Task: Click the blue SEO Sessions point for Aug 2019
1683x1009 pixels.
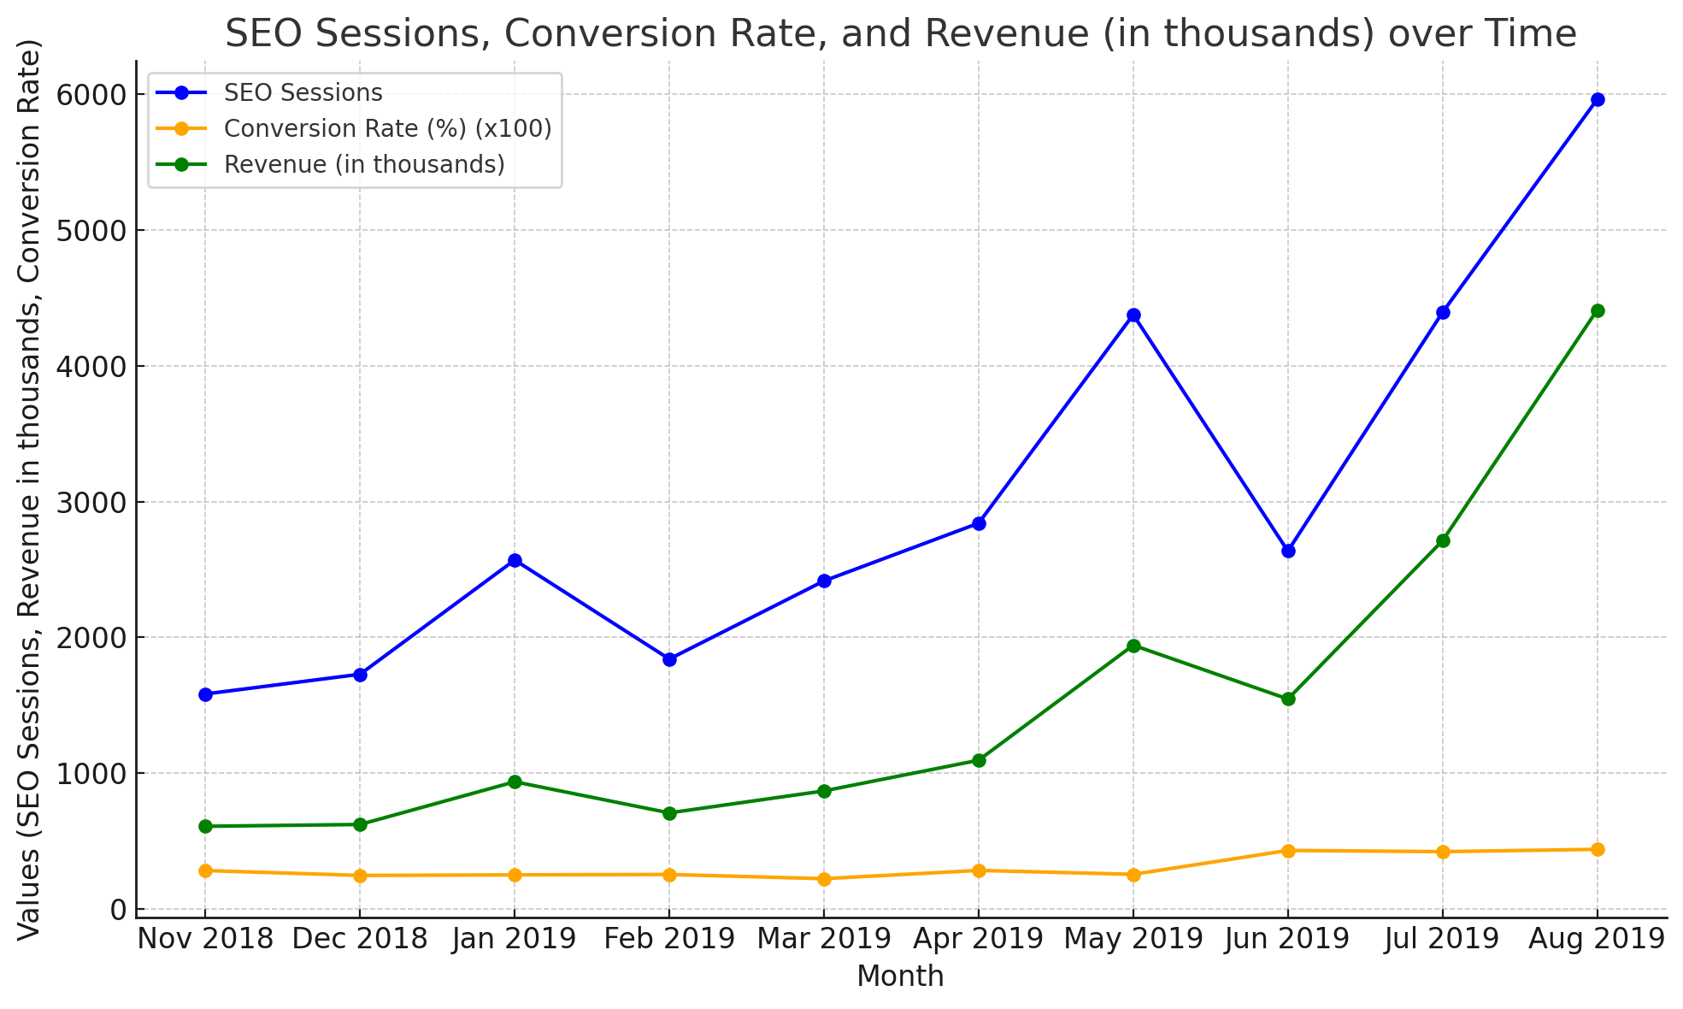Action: pyautogui.click(x=1597, y=99)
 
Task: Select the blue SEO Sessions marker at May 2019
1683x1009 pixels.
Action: pyautogui.click(x=1133, y=316)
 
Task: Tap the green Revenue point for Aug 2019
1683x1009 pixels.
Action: pyautogui.click(x=1597, y=310)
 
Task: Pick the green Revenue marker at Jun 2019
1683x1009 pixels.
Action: pyautogui.click(x=1288, y=699)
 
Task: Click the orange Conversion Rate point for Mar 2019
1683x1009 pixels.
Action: pyautogui.click(x=824, y=879)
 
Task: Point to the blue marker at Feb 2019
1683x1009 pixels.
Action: pyautogui.click(x=669, y=659)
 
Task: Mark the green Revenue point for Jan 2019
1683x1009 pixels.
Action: pyautogui.click(x=515, y=782)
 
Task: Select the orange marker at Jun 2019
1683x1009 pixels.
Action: pyautogui.click(x=1288, y=851)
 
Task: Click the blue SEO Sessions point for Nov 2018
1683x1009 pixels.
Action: pyautogui.click(x=205, y=694)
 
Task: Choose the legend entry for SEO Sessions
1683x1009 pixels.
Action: pyautogui.click(x=302, y=92)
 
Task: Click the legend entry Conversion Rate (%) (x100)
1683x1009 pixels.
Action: pyautogui.click(x=386, y=128)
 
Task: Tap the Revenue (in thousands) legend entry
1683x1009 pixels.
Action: pyautogui.click(x=363, y=164)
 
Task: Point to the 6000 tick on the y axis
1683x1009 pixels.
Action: pyautogui.click(x=93, y=94)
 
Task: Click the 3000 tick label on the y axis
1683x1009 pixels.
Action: pyautogui.click(x=93, y=502)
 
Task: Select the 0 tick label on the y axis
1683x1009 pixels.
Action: pyautogui.click(x=117, y=909)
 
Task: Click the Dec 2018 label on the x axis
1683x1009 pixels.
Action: pyautogui.click(x=360, y=939)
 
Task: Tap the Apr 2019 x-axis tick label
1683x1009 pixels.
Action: pyautogui.click(x=979, y=939)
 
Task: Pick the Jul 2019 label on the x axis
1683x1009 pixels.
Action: pyautogui.click(x=1443, y=939)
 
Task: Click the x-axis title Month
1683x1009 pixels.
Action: pyautogui.click(x=900, y=977)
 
